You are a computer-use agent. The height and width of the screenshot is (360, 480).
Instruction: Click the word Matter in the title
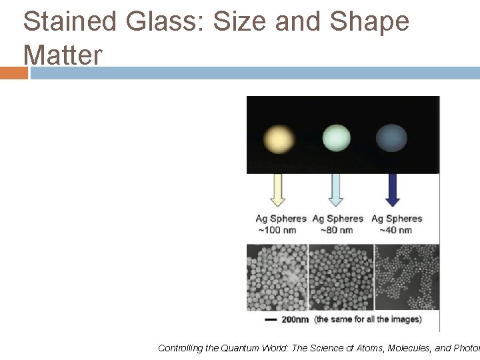63,55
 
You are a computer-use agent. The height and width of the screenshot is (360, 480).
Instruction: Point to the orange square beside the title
13,73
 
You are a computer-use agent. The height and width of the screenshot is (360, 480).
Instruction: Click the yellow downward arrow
279,191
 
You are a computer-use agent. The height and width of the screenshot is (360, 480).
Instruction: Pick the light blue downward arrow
336,191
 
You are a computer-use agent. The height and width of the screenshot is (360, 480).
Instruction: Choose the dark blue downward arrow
393,191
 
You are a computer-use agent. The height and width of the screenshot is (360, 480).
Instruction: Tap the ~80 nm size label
337,231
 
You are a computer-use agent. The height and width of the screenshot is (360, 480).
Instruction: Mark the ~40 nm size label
396,231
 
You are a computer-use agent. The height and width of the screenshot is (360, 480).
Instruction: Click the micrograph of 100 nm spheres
277,277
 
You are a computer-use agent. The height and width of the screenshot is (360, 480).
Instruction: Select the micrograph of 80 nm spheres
341,277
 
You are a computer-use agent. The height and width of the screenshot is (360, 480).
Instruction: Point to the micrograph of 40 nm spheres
407,277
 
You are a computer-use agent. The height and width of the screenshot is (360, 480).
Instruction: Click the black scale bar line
271,320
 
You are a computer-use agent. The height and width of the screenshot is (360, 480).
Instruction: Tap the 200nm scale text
295,319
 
